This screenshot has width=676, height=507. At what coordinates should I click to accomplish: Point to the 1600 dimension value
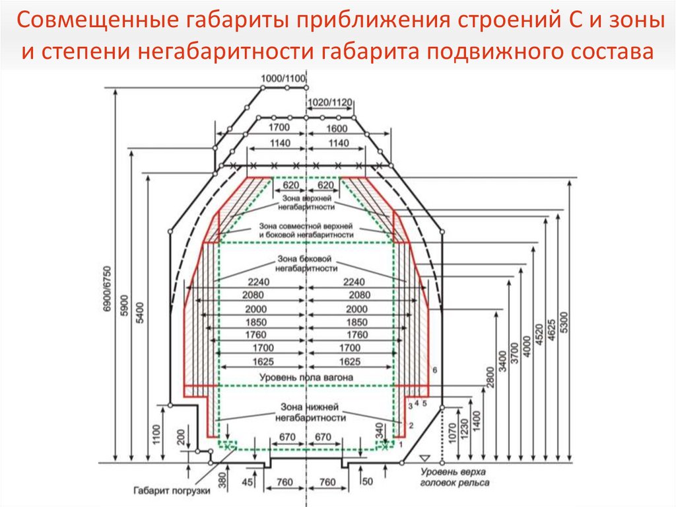pos(337,127)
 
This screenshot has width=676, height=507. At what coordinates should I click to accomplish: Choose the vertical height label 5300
pos(564,321)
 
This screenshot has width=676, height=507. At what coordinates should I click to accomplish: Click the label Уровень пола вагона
pos(306,377)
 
